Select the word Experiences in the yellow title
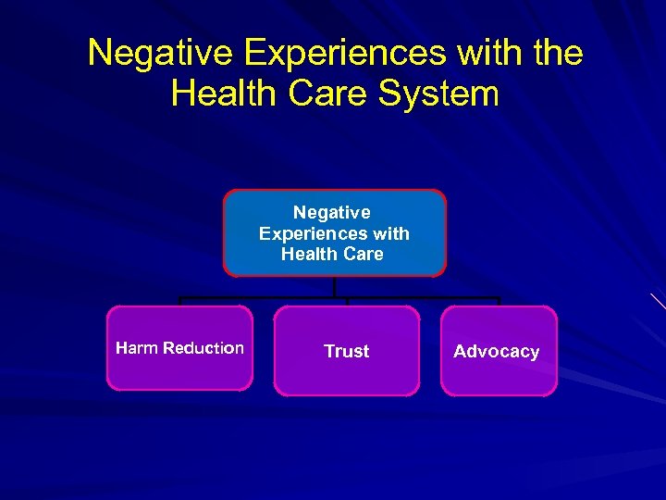(x=339, y=53)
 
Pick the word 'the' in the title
(x=557, y=53)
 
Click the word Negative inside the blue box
(x=332, y=213)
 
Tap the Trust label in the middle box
(x=346, y=351)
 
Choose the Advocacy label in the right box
(x=496, y=351)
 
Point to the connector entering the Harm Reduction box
(x=179, y=301)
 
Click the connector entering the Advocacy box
(x=499, y=301)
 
